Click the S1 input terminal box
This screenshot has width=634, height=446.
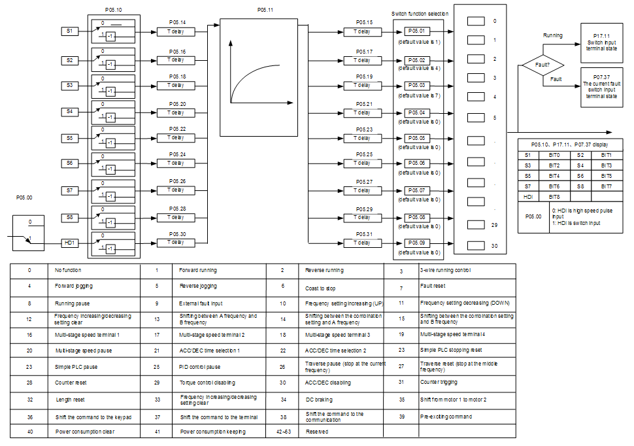[69, 31]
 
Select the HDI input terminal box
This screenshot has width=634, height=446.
[69, 243]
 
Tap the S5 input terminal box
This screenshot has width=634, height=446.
[69, 139]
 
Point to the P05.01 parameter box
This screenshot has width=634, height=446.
[416, 31]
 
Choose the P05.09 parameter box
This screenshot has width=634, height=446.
[416, 243]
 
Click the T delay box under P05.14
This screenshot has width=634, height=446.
[175, 31]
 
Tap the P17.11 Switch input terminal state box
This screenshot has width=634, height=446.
[601, 43]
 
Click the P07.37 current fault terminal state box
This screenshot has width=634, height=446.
[601, 86]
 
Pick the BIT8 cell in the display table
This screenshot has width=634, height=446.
[554, 197]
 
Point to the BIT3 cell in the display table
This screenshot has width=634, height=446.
[606, 165]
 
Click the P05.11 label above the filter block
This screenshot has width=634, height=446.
[265, 10]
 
